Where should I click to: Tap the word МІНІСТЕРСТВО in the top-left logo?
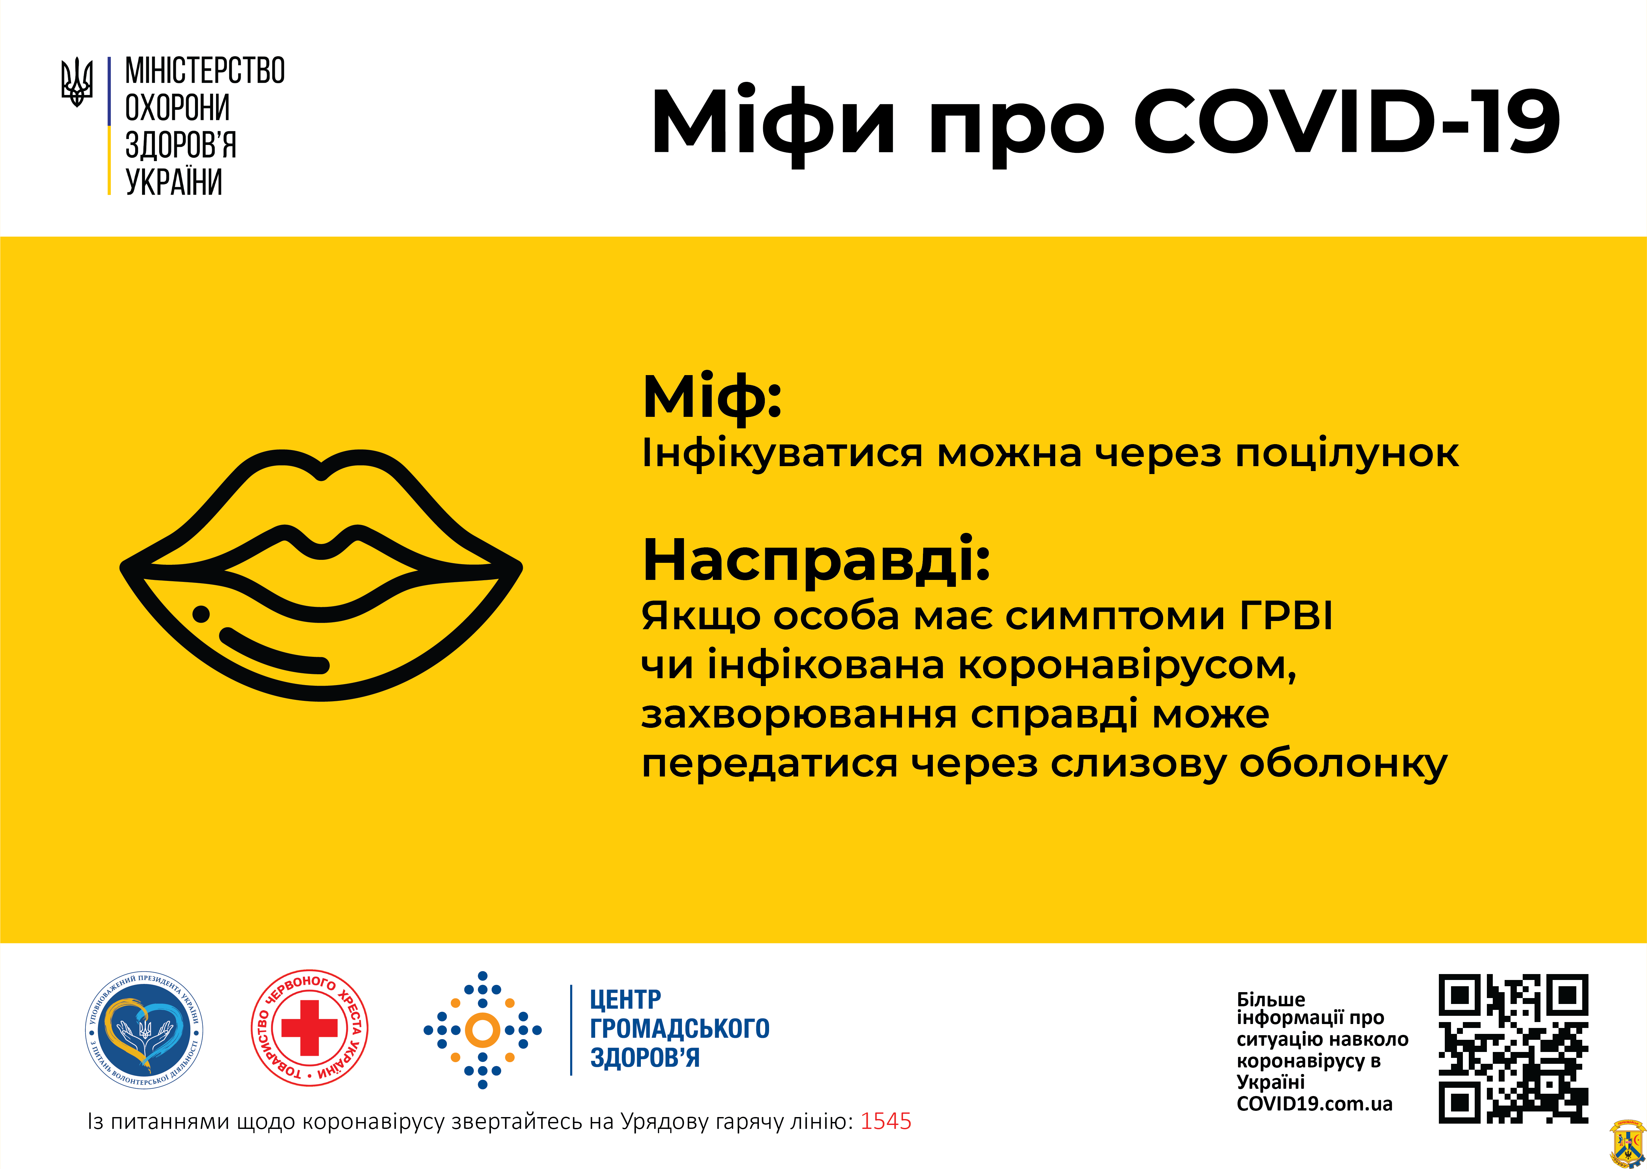[x=205, y=71]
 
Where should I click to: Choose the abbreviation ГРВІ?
[x=1286, y=616]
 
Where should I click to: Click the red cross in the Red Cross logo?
[x=309, y=1027]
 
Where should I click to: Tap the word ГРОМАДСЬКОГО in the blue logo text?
[x=680, y=1029]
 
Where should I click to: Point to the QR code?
[x=1513, y=1049]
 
